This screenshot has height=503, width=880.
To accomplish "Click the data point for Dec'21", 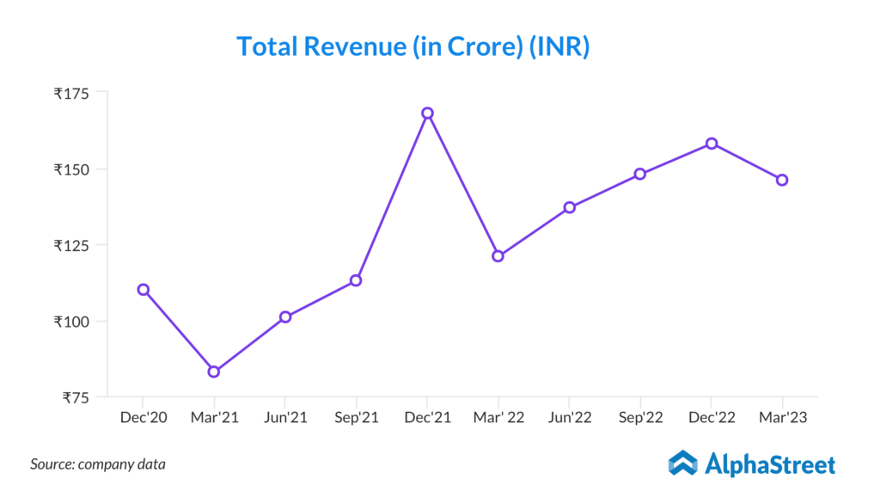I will pyautogui.click(x=427, y=113).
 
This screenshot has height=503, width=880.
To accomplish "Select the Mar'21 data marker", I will pyautogui.click(x=214, y=371).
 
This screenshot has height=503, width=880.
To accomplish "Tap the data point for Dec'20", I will pyautogui.click(x=144, y=290).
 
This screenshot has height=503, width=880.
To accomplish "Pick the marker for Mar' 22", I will pyautogui.click(x=498, y=256).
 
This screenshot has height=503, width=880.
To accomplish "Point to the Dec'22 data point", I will pyautogui.click(x=712, y=144).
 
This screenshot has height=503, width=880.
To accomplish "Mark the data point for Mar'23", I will pyautogui.click(x=782, y=180).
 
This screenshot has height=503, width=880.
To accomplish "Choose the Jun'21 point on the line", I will pyautogui.click(x=285, y=316).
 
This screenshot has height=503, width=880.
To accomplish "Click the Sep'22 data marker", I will pyautogui.click(x=640, y=174).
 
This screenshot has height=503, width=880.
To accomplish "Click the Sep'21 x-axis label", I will pyautogui.click(x=356, y=418).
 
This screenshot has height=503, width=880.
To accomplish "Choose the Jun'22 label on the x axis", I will pyautogui.click(x=569, y=418).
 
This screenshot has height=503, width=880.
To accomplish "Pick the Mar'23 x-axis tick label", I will pyautogui.click(x=782, y=418).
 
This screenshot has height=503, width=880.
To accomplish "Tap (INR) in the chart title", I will pyautogui.click(x=559, y=46).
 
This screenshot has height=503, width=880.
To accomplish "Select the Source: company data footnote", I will pyautogui.click(x=98, y=464).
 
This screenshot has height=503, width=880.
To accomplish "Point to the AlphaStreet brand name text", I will pyautogui.click(x=770, y=465).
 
